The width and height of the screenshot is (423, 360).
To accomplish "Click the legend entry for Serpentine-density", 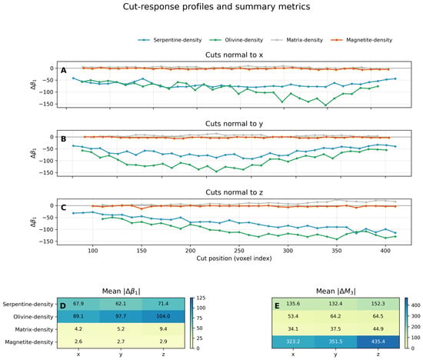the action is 170,40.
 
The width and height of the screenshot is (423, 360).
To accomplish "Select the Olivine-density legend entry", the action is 236,40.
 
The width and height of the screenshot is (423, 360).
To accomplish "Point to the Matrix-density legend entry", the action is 297,40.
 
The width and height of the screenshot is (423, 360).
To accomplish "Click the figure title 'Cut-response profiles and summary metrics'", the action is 216,6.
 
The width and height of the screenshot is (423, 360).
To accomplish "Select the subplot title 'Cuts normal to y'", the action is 234,124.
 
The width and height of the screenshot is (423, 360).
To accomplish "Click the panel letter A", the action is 63,71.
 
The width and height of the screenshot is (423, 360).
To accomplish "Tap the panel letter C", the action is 63,208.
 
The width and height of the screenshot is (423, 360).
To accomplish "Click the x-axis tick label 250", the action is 238,251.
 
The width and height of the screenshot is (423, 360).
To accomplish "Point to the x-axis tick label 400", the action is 385,251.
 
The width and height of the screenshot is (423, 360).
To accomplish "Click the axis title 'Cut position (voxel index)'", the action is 234,258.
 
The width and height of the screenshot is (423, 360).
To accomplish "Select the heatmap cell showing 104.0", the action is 163,317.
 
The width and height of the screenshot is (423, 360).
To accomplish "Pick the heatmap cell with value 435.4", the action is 378,342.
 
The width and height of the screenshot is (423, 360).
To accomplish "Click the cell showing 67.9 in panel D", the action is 78,304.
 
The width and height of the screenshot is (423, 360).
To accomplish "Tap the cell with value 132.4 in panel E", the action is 335,304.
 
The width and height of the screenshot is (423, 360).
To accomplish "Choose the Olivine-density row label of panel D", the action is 33,317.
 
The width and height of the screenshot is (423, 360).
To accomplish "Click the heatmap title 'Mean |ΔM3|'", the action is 335,292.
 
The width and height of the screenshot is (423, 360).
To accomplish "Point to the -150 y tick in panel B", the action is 48,173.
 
